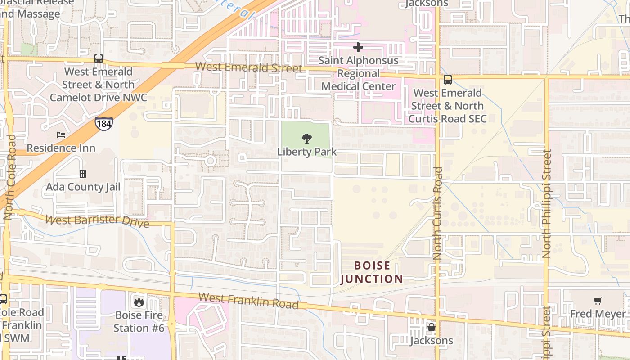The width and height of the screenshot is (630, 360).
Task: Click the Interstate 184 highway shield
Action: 103,124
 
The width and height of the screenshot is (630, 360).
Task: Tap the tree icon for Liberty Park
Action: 307,138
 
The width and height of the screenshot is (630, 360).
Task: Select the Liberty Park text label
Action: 307,152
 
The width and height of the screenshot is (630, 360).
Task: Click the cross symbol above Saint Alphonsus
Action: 358,47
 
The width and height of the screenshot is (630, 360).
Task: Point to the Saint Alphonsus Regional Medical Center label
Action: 359,73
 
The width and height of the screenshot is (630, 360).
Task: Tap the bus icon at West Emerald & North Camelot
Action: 99,58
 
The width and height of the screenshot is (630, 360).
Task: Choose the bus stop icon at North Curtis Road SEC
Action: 447,80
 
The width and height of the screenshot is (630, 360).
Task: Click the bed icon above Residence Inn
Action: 61,135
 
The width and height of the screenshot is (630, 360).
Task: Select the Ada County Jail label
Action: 83,187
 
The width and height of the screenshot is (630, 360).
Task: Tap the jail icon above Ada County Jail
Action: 83,173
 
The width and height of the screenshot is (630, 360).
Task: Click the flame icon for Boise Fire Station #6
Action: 139,301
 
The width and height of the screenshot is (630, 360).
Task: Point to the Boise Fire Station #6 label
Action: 139,321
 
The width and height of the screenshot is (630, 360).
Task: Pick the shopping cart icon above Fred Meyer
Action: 598,301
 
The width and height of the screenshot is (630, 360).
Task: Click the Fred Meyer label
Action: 598,314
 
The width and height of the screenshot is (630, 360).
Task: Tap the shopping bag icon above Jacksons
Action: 432,327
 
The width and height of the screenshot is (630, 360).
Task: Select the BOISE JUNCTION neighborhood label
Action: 372,272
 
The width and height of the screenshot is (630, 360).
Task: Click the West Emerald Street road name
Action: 249,67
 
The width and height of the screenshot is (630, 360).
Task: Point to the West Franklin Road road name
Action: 248,301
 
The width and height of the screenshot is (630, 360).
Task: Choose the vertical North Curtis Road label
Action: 438,213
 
